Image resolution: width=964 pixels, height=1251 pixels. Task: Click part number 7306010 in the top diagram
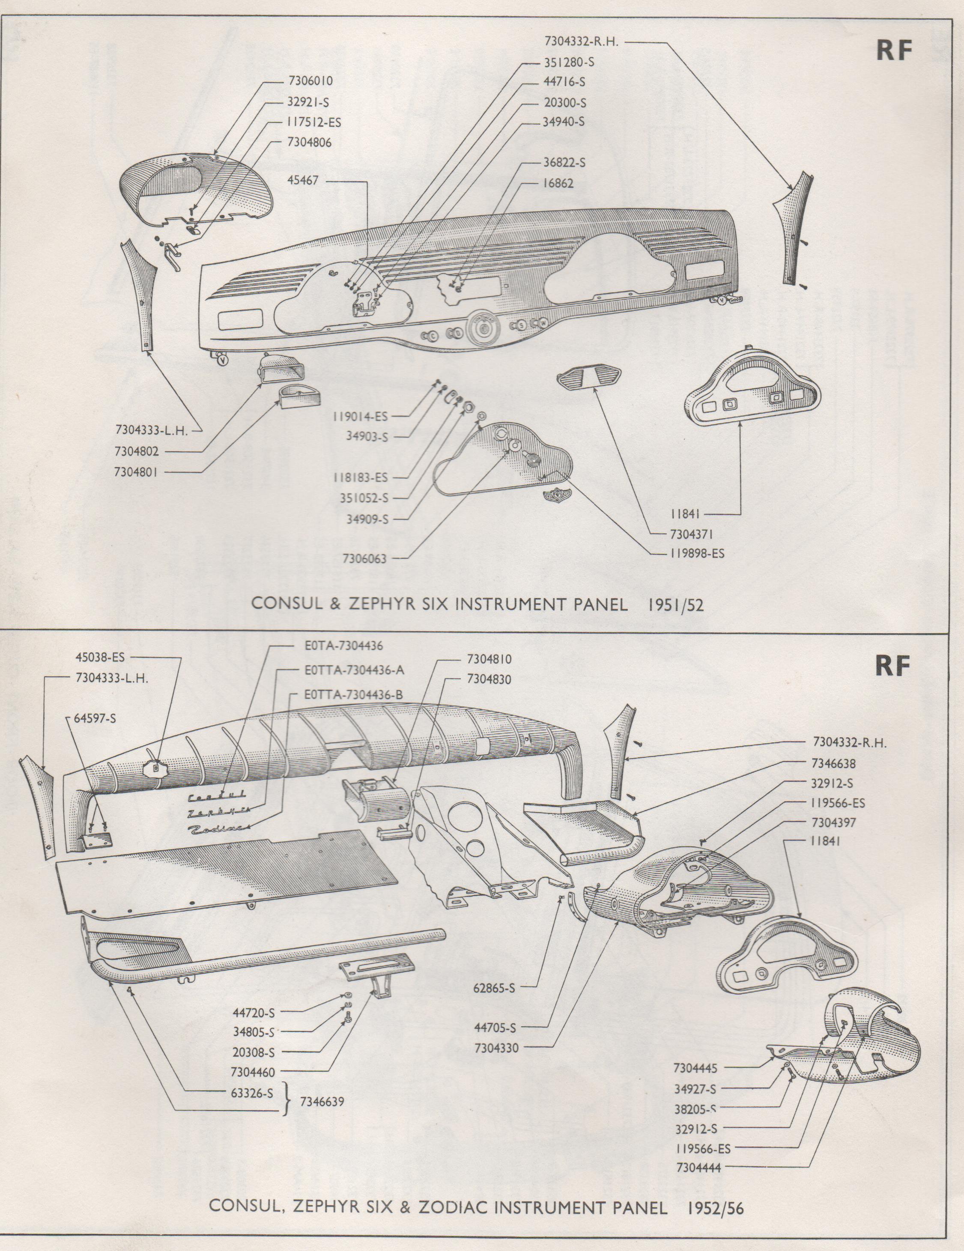[x=310, y=81]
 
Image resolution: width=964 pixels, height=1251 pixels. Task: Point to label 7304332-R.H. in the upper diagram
[x=583, y=41]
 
